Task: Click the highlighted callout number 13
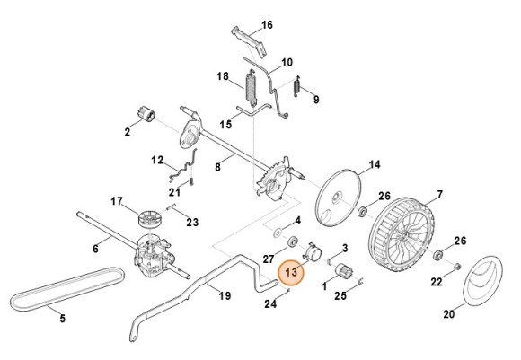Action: coord(291,272)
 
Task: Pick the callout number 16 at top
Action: coord(267,24)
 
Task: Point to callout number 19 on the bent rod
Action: coord(225,294)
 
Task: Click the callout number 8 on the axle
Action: coord(217,167)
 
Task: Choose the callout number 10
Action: coord(287,62)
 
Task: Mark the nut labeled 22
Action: coord(457,267)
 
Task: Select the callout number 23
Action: coord(191,222)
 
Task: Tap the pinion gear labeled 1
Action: coord(341,274)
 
